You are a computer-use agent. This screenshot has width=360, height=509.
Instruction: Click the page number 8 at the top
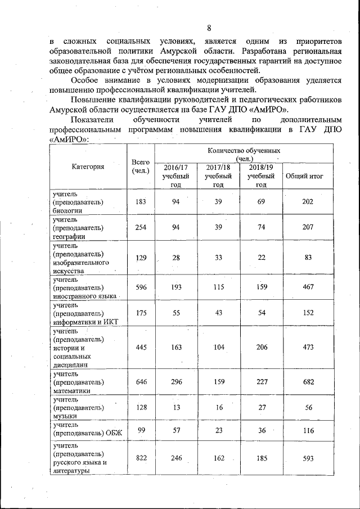209,28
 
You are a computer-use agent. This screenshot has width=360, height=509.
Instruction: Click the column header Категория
87,166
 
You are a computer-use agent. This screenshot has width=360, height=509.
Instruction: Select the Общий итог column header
307,176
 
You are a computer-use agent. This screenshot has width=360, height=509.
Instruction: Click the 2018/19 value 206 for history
260,348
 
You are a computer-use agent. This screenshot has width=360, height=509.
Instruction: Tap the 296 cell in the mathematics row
176,382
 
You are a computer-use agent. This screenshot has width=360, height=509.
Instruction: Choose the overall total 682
307,382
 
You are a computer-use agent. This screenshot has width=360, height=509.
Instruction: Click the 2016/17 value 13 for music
176,408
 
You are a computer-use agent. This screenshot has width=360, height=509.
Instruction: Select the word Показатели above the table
94,120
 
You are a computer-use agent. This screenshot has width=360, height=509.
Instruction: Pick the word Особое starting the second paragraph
84,80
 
